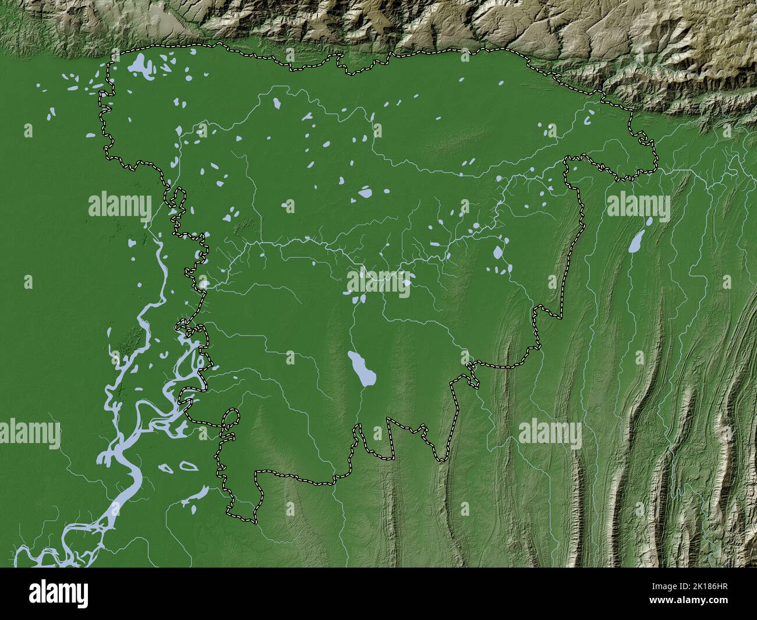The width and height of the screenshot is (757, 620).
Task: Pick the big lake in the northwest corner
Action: (137, 65)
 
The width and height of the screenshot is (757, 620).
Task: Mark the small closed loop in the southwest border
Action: (231, 418)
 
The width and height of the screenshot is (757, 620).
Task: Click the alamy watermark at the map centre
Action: (378, 285)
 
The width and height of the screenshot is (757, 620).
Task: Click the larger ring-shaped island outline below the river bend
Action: (187, 466)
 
